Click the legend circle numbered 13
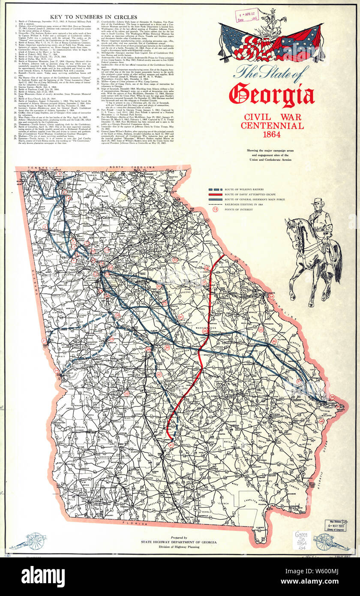point(215,210)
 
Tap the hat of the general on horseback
point(317,201)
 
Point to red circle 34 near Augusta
point(271,296)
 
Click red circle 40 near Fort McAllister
point(321,421)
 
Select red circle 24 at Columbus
point(56,370)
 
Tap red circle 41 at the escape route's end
point(171,445)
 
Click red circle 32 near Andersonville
point(126,393)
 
